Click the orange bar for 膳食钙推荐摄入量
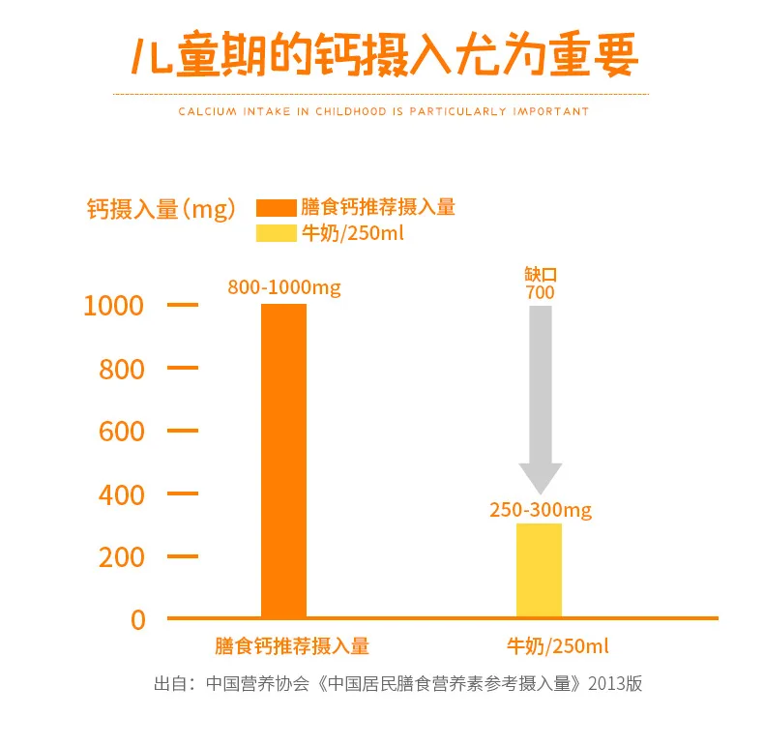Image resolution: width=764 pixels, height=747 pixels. [x=283, y=460]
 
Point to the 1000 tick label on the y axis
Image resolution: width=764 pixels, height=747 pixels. [x=113, y=306]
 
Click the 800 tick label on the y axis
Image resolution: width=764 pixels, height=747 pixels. [x=121, y=370]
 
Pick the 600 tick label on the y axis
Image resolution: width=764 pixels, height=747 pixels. [x=121, y=432]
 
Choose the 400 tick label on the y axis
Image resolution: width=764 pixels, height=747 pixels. [x=121, y=495]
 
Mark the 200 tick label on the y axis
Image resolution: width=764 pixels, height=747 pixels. [x=121, y=557]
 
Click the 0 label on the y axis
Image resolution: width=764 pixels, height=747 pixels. [x=137, y=620]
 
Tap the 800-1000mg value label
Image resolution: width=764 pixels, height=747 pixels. [x=284, y=287]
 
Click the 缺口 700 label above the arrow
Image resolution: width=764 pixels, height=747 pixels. [x=540, y=284]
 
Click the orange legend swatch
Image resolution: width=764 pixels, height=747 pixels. [x=275, y=207]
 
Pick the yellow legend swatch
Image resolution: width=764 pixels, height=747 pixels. [x=275, y=233]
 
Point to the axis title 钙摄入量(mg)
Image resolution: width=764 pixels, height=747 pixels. [x=161, y=209]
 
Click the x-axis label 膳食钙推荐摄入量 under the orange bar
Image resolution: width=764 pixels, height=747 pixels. [x=292, y=646]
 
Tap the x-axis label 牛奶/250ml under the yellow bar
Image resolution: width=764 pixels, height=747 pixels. [x=558, y=646]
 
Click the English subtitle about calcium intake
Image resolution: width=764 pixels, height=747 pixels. [x=383, y=111]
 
